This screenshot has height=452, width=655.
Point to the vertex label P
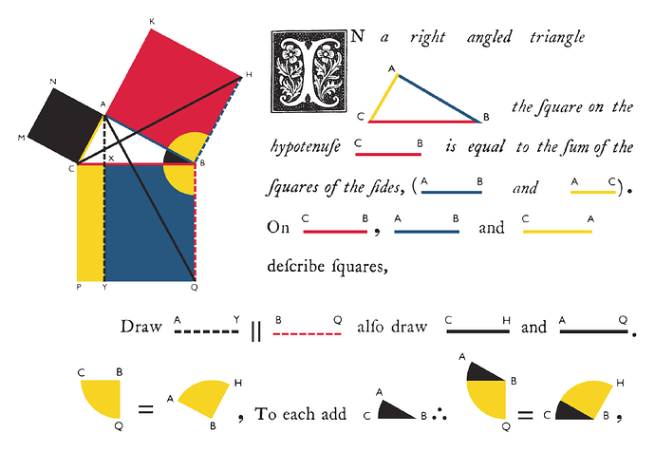click(x=79, y=285)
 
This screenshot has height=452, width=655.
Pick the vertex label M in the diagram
click(x=20, y=139)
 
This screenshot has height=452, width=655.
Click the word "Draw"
click(x=140, y=328)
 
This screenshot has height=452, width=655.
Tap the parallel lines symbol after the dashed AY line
click(x=255, y=331)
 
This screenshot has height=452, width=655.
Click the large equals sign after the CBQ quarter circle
click(x=145, y=410)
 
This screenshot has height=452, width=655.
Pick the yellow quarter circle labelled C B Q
click(x=102, y=399)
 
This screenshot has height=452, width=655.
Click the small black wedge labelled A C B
click(x=397, y=411)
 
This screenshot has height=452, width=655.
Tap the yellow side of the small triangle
click(x=381, y=98)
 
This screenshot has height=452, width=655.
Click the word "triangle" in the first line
click(x=554, y=38)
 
